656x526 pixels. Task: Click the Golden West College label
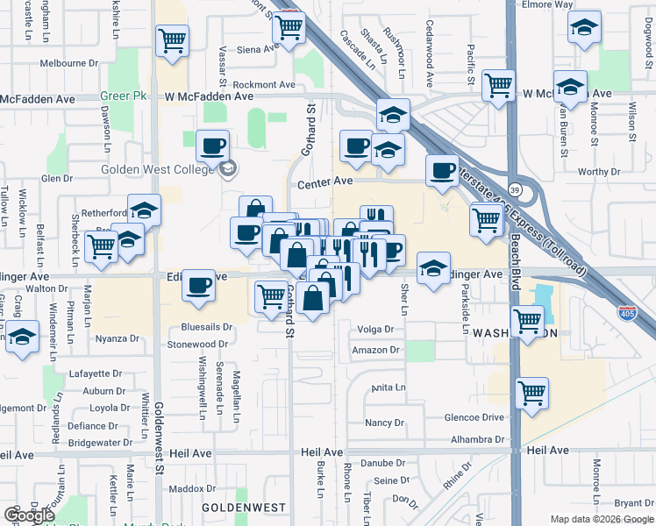158,169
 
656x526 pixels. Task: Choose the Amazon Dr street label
375,350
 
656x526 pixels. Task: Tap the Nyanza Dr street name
118,338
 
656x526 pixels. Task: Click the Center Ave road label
324,182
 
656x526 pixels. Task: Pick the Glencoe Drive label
475,418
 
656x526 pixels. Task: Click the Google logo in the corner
29,515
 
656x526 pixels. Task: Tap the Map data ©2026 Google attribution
603,519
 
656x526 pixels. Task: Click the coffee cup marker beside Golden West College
212,146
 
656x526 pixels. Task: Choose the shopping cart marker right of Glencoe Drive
531,393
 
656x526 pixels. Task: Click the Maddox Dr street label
185,487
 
